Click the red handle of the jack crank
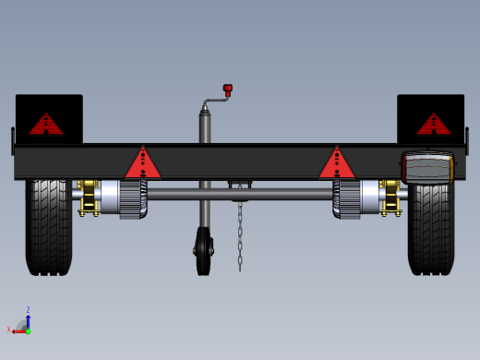tap(227, 90)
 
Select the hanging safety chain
tap(240, 235)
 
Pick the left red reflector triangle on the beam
tap(143, 164)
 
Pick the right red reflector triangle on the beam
tap(337, 164)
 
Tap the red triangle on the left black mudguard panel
tap(45, 125)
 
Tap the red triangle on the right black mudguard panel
tap(433, 125)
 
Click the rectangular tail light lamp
tap(427, 168)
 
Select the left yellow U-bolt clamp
tap(89, 198)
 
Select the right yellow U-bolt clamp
tap(390, 198)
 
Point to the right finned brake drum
tap(348, 198)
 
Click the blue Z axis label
tap(28, 310)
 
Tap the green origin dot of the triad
tap(28, 330)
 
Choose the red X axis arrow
tap(18, 330)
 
